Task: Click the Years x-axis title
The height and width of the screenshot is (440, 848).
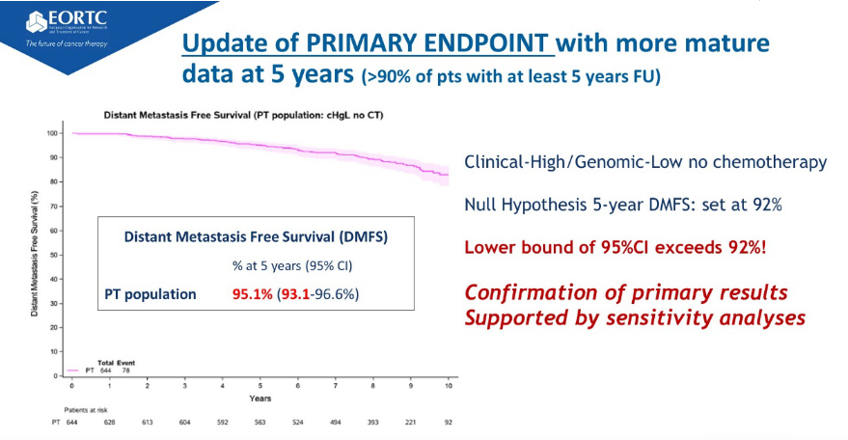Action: click(x=260, y=398)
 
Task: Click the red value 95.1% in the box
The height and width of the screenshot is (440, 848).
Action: click(x=256, y=293)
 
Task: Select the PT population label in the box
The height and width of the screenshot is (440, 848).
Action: click(x=150, y=293)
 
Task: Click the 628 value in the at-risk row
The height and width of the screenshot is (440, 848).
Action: click(x=109, y=422)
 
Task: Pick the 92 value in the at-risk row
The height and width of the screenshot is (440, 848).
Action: click(x=447, y=422)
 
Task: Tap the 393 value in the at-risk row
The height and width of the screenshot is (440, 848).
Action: click(x=372, y=422)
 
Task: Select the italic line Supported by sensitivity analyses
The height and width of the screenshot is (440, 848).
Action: click(x=635, y=316)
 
